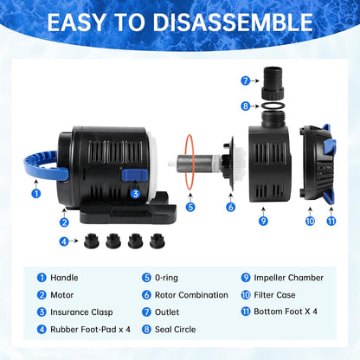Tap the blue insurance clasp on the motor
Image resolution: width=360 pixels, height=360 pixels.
pos(135,175)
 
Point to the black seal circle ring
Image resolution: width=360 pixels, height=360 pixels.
pos(273,106)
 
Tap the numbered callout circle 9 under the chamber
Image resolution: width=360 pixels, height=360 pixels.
pos(263,221)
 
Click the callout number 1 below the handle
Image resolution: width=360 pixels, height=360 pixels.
pos(36,193)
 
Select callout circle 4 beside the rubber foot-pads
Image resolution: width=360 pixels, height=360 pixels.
pos(64,241)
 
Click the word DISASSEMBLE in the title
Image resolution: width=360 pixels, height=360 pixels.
pos(233,22)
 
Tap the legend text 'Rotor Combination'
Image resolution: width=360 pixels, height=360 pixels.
pos(191,295)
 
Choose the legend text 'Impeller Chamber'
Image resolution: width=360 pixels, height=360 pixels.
pos(288,278)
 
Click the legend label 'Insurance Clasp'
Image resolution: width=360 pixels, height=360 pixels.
pos(81,312)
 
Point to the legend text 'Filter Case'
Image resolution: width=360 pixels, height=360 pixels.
pos(274,295)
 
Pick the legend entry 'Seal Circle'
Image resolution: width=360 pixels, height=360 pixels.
pos(175,329)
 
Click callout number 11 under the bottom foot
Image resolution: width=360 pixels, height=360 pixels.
pos(331,221)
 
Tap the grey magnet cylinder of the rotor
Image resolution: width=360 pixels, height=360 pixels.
pos(188,164)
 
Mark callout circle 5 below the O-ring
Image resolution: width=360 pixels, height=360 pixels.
pos(190,207)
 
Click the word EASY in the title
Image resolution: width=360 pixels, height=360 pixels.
pos(77,22)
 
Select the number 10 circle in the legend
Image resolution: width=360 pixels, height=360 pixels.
pos(246,295)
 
